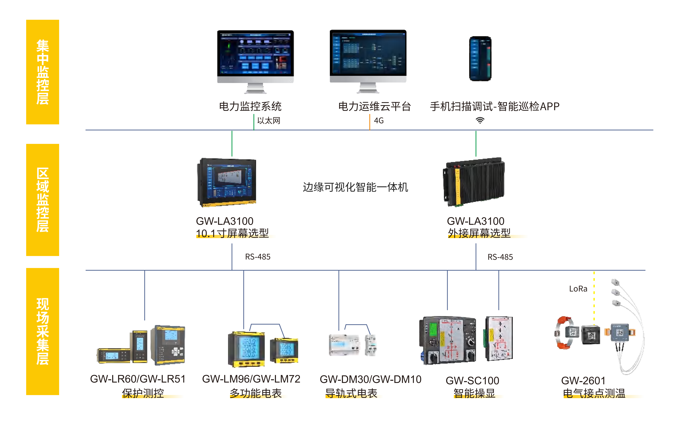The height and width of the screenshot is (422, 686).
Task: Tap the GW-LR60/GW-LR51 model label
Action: pos(138,379)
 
